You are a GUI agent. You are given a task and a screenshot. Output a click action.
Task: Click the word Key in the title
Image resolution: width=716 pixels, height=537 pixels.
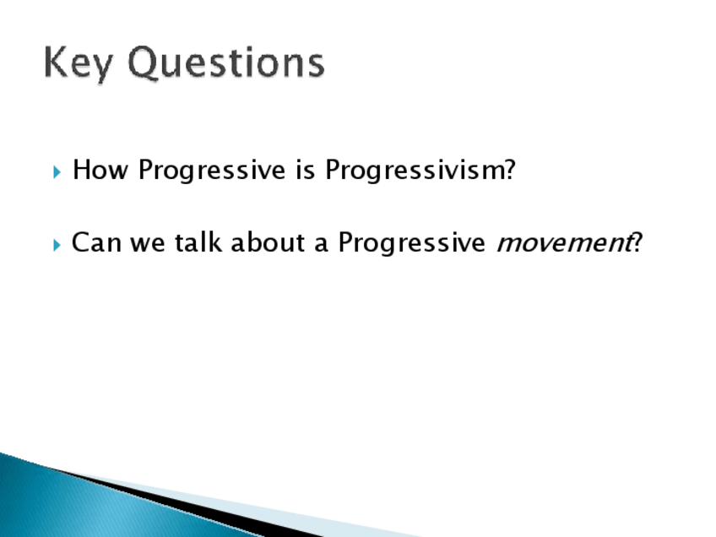click(x=78, y=63)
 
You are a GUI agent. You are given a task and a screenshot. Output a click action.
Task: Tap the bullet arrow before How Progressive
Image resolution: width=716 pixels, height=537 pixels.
click(x=57, y=172)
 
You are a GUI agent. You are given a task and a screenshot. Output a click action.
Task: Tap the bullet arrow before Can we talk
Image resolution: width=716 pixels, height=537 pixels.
click(x=57, y=245)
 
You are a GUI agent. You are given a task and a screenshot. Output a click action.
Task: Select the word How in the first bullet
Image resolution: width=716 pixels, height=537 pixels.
click(x=100, y=170)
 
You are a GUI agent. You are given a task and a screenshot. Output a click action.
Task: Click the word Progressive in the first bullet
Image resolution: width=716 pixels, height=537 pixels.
click(x=212, y=171)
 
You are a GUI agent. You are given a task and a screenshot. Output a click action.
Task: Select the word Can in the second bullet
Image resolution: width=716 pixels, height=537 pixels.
click(x=96, y=242)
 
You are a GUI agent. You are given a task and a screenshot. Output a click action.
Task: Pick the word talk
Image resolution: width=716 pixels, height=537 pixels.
click(x=198, y=242)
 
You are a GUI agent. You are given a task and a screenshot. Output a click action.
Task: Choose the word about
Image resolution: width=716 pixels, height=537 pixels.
click(x=268, y=242)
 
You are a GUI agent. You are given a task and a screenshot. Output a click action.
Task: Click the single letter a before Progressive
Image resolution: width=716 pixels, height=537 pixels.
click(x=321, y=245)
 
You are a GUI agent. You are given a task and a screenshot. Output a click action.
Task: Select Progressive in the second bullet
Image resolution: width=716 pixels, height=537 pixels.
click(x=411, y=243)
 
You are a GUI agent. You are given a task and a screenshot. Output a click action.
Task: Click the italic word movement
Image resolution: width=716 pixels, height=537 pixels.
click(x=564, y=243)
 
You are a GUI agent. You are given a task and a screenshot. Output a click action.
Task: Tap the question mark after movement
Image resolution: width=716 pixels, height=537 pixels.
click(x=637, y=242)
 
